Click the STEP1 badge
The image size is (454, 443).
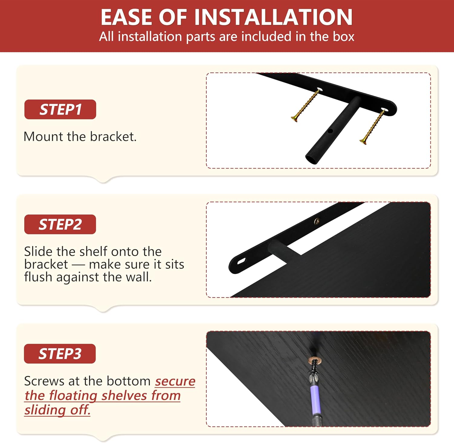[x=60, y=109]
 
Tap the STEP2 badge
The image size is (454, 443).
[x=60, y=224]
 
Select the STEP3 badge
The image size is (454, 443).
[x=60, y=354]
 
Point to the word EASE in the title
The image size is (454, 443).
[x=127, y=17]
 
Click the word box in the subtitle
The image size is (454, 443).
[x=344, y=37]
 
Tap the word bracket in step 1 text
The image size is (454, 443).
[x=113, y=137]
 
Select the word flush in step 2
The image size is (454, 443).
[x=38, y=277]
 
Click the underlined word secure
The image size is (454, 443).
[x=175, y=381]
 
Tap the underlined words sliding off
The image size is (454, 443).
[x=58, y=410]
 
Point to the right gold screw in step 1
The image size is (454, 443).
[x=372, y=127]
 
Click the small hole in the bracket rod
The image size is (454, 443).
[x=330, y=131]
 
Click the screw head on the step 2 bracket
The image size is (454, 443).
[x=317, y=221]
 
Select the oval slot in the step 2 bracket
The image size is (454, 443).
[x=242, y=261]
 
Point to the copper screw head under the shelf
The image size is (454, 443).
[x=314, y=361]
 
